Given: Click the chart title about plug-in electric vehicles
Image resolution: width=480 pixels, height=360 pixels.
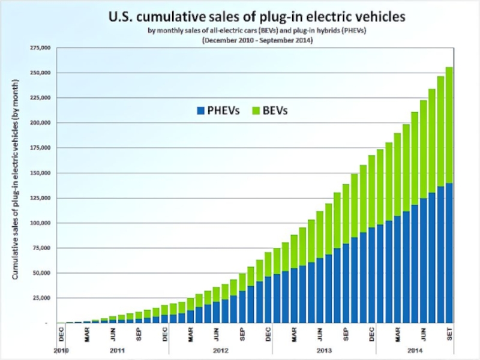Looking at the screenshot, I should (257, 17).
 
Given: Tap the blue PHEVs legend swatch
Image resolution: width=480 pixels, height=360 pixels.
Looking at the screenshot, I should (201, 110).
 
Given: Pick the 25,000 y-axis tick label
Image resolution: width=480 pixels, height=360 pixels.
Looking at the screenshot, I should (41, 298).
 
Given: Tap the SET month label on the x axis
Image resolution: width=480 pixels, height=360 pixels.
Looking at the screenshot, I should (449, 334).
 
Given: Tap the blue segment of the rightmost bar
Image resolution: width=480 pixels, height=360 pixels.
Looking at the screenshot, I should (449, 253).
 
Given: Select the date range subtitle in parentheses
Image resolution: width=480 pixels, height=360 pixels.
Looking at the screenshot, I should (257, 40).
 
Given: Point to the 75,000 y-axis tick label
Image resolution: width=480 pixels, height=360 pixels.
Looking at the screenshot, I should (41, 248).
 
